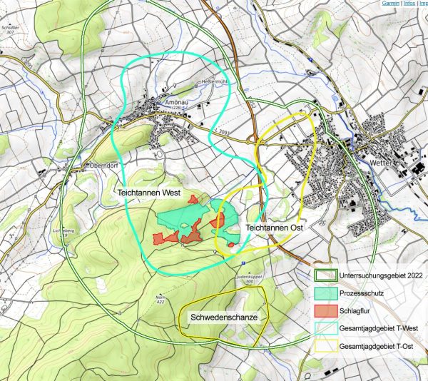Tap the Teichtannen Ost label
[275, 227]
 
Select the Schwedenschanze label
[223, 315]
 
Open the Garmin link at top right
[390, 4]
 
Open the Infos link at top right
[409, 4]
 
